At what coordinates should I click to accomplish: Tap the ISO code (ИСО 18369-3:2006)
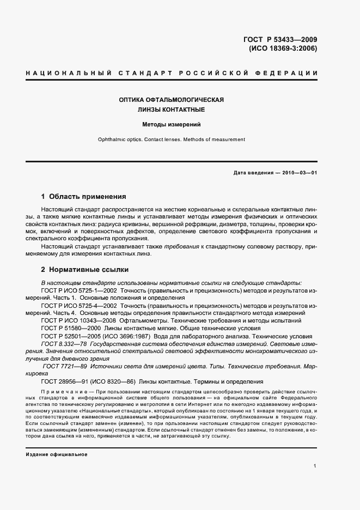(283, 48)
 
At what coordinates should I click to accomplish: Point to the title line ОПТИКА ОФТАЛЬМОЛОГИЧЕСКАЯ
(172, 100)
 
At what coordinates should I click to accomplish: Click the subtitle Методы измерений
(172, 124)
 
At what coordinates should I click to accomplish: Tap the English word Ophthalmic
(112, 139)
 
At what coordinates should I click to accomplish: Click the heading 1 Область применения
(84, 197)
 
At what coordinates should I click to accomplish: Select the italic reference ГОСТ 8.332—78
(65, 344)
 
